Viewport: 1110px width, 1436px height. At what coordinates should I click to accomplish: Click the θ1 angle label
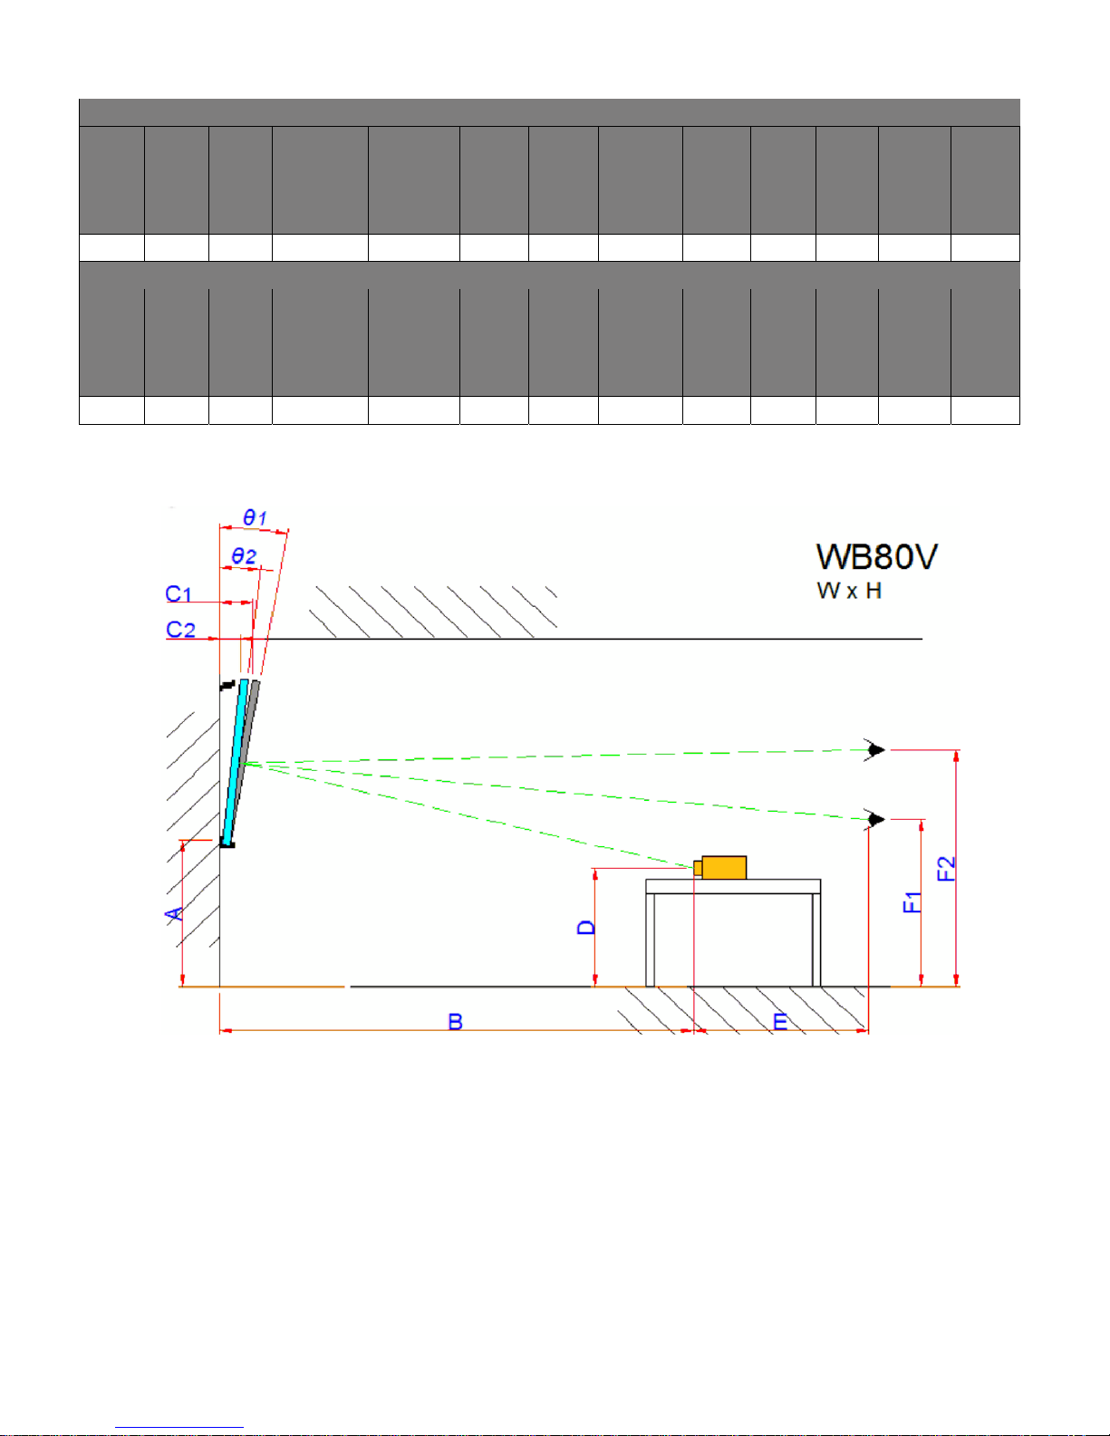coord(255,516)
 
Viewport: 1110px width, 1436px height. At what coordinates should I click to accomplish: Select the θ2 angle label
coord(243,555)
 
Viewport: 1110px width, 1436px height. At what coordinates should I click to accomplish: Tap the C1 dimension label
coord(179,593)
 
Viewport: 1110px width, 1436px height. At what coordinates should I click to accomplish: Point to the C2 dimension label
coord(180,629)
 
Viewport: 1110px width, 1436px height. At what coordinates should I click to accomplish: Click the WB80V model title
coord(877,556)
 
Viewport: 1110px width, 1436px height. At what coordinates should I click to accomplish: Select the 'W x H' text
coord(849,590)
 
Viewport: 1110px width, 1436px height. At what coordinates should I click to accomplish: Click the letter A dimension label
coord(174,914)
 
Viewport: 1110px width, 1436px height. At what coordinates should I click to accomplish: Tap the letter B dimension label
coord(455,1022)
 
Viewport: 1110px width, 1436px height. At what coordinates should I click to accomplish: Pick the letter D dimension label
coord(586,927)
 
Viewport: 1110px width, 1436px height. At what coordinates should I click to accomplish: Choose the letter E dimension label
coord(780,1022)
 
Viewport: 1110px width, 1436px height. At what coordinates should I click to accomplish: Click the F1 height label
coord(912,902)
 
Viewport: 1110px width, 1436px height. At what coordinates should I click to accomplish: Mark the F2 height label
coord(946,868)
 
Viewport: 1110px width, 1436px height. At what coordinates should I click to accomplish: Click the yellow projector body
coord(724,868)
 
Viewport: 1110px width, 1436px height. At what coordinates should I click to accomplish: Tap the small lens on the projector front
coord(698,868)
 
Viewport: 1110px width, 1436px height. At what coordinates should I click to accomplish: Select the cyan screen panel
coord(236,762)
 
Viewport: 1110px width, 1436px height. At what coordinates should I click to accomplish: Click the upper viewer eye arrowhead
coord(876,750)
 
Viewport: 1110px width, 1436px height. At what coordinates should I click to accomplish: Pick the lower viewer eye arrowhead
coord(876,819)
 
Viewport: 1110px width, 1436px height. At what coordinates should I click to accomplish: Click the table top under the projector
coord(733,886)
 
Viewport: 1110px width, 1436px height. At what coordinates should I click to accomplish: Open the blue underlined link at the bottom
coord(179,1427)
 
